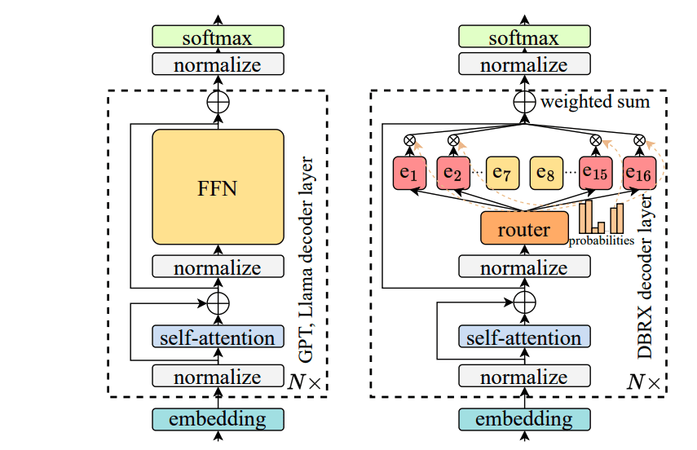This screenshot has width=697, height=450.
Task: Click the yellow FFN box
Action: click(x=218, y=187)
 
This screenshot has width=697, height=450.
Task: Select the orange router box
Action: click(x=523, y=229)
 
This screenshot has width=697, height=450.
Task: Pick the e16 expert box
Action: click(x=639, y=174)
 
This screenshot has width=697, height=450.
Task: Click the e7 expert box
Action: click(x=501, y=174)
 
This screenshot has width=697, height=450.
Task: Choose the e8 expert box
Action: click(x=547, y=174)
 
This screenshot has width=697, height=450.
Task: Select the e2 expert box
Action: click(x=453, y=174)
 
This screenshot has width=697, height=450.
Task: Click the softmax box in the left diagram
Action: click(x=218, y=37)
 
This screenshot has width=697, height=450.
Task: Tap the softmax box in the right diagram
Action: click(x=523, y=37)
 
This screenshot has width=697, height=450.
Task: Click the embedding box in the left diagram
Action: click(x=218, y=419)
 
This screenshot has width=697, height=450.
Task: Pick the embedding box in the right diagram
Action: click(x=523, y=419)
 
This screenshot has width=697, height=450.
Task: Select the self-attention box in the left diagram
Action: click(x=218, y=337)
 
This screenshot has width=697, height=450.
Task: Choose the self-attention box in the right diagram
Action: click(x=523, y=337)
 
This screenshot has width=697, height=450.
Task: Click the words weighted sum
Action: click(x=595, y=102)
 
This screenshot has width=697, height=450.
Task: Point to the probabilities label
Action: click(x=602, y=240)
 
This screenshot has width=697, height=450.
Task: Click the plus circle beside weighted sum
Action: click(x=523, y=102)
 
